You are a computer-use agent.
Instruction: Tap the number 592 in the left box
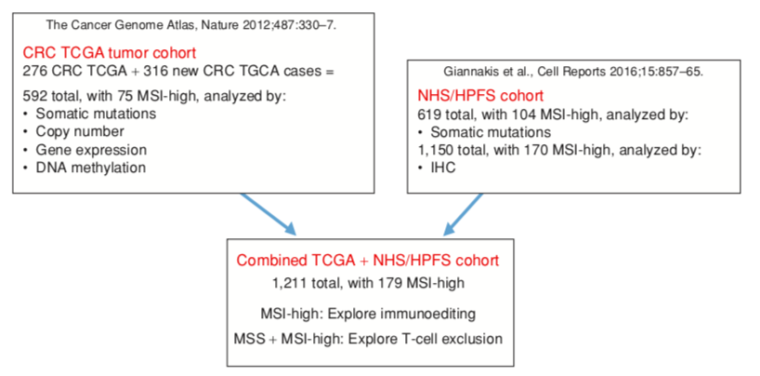(x=37, y=95)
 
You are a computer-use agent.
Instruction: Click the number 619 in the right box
(x=431, y=114)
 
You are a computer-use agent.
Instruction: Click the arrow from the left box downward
(x=269, y=214)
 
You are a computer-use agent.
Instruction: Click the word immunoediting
(x=429, y=312)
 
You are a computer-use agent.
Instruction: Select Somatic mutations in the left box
(x=100, y=114)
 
